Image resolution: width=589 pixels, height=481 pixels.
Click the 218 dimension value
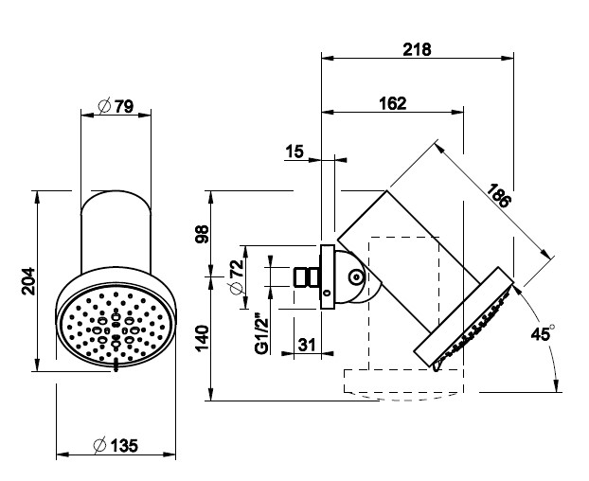coord(417,49)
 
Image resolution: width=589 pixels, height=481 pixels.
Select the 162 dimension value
coord(393,103)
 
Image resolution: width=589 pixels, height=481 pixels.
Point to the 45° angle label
coord(543,333)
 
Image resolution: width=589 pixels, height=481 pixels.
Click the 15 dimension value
coord(294,151)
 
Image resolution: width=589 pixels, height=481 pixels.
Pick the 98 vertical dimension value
coord(203,234)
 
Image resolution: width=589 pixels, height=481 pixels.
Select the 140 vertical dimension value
coord(203,338)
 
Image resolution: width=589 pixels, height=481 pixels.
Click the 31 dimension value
coord(307,345)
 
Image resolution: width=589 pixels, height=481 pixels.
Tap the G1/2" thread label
coord(261,333)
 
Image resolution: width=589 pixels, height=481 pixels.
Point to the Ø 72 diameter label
coord(238,276)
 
